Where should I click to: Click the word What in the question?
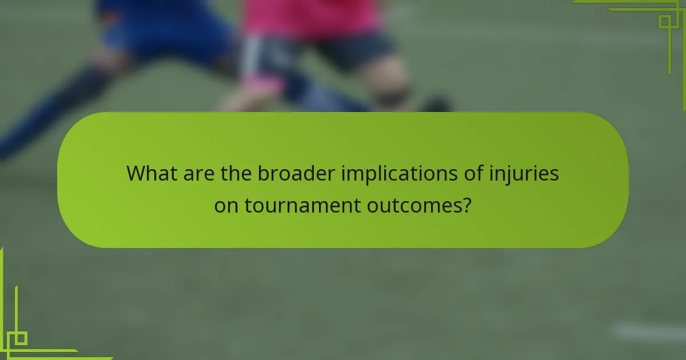pos(152,173)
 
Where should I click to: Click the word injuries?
pos(524,174)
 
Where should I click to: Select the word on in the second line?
pos(226,206)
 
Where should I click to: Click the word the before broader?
pos(237,173)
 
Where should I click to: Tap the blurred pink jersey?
pos(312,17)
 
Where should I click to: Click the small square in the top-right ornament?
pos(664,22)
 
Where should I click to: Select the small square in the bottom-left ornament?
pos(21,338)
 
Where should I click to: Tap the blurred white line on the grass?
pos(646,331)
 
